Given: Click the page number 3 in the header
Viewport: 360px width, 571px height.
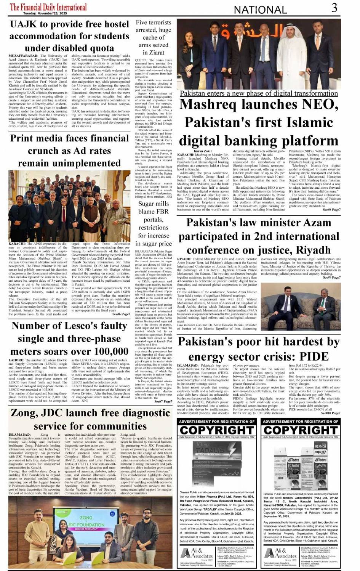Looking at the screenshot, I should [334, 8].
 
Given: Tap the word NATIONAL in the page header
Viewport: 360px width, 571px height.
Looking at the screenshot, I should [260, 10].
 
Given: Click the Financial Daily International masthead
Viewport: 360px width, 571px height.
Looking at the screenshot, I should [48, 6].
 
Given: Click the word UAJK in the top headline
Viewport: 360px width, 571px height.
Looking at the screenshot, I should [24, 25].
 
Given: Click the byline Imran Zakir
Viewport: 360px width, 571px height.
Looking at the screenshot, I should [203, 151].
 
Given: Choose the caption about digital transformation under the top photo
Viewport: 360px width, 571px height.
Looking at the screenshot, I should [259, 93].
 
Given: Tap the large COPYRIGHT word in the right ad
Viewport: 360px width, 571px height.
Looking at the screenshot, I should [301, 430].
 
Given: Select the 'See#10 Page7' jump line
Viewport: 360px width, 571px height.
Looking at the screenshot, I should [331, 413].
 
